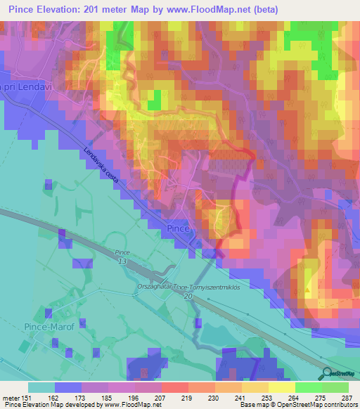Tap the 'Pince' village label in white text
pos(180,230)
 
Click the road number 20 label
pos(188,297)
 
